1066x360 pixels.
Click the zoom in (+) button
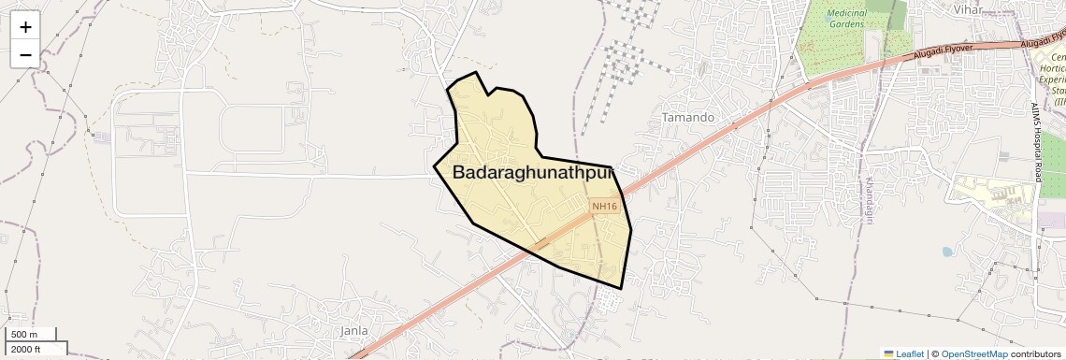(25, 26)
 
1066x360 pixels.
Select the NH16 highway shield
(605, 207)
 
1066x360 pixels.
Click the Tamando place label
(688, 118)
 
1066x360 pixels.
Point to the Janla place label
(353, 330)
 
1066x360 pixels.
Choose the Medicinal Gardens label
(847, 20)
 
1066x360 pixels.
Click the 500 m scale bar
(26, 334)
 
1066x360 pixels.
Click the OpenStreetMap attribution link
(973, 353)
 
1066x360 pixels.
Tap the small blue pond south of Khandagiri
(947, 252)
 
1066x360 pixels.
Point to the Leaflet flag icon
(889, 353)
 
